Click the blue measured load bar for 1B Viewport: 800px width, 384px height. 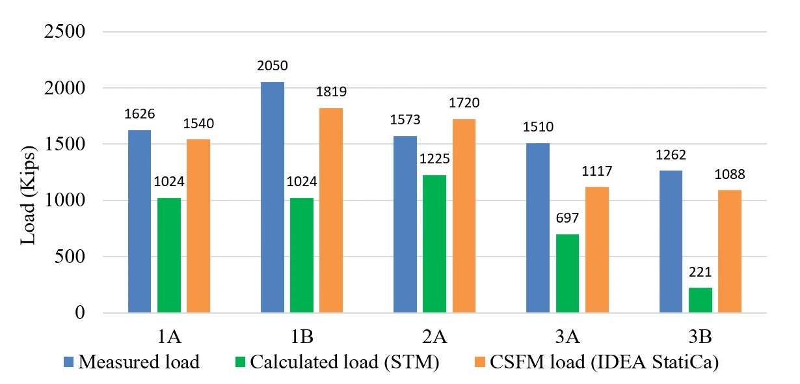coord(273,197)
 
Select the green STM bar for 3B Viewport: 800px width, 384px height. coord(700,300)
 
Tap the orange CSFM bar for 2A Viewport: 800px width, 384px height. coord(464,216)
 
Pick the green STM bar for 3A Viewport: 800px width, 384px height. coord(568,273)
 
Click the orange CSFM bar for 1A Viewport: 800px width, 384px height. coord(198,226)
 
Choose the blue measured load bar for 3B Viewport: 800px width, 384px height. coord(671,241)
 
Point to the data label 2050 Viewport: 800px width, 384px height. coord(273,66)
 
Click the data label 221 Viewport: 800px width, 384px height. coord(700,272)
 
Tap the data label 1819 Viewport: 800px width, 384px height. coord(331,92)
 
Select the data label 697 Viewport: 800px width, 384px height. coord(567,218)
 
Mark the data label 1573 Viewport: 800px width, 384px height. coord(405,120)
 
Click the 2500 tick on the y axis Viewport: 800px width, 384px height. coord(64,31)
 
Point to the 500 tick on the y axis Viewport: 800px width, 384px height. coord(70,256)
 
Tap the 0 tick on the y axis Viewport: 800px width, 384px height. coord(80,312)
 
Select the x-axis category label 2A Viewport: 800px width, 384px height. coord(434,336)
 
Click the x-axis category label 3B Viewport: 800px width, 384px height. coord(700,336)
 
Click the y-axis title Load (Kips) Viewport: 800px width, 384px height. coord(27,195)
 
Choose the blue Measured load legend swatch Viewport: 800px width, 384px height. coord(68,362)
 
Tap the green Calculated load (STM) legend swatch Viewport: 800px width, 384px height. coord(241,362)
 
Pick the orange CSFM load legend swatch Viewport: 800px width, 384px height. coord(479,362)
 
